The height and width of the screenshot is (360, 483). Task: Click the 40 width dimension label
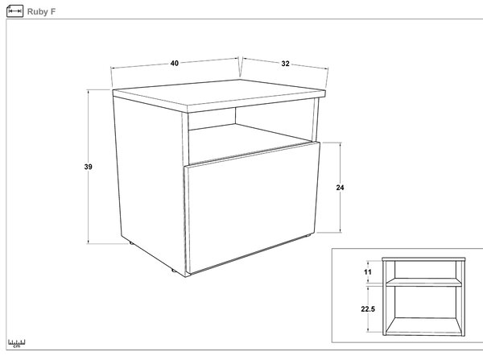coord(175,63)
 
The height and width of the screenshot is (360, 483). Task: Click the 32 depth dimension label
coord(285,64)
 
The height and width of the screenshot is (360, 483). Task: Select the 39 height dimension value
coord(88,167)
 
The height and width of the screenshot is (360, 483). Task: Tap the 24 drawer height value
coord(340,188)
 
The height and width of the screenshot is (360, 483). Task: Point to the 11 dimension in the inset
coord(368,272)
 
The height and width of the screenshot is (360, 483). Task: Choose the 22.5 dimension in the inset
coord(368,308)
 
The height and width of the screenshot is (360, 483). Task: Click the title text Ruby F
coord(41,12)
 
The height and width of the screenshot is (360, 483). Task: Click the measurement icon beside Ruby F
coord(14,11)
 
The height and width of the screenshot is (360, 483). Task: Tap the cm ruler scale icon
coord(17,343)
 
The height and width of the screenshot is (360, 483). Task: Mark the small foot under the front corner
coord(174,271)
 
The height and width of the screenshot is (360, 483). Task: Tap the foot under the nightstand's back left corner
coord(131,243)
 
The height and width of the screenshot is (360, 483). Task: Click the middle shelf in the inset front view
coord(423,283)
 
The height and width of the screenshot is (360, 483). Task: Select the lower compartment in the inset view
coord(423,310)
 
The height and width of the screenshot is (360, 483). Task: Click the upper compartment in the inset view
coord(423,270)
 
